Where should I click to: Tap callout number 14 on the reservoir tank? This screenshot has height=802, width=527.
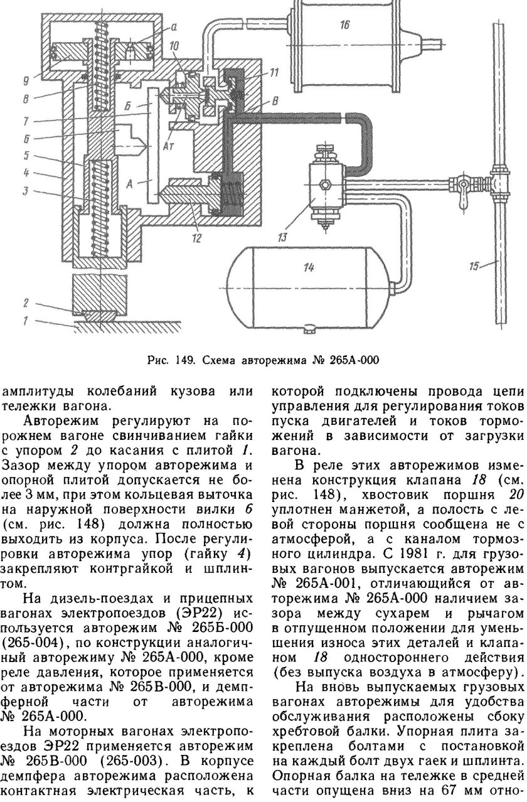click(308, 268)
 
